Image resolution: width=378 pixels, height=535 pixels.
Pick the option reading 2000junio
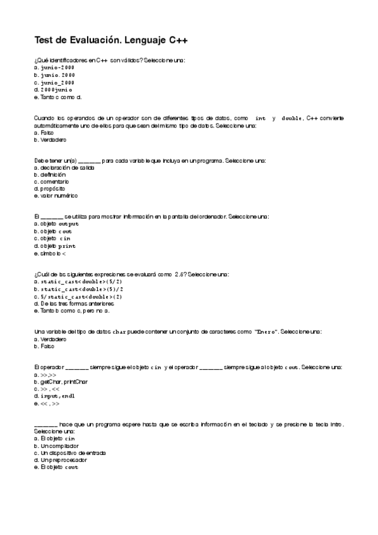point(57,90)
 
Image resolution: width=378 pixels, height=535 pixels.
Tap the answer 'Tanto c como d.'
point(59,97)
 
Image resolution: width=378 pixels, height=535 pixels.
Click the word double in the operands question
point(292,118)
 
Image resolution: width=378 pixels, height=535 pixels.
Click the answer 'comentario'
point(54,182)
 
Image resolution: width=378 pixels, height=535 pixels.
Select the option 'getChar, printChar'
point(63,382)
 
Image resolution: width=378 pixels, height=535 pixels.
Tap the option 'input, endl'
point(57,396)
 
